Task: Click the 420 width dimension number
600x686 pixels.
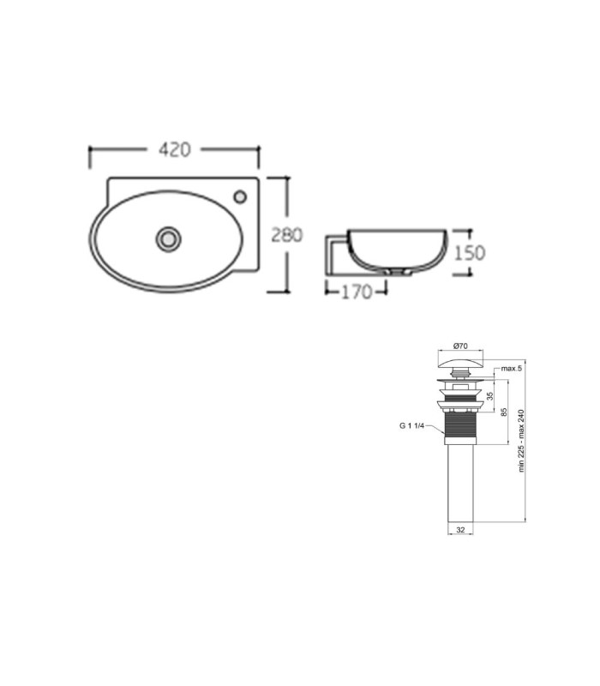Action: point(175,149)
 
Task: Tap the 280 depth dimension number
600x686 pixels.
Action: point(287,235)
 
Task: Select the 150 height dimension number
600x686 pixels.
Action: point(470,253)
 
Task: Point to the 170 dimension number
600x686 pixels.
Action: point(357,292)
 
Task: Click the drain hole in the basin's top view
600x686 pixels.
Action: point(168,238)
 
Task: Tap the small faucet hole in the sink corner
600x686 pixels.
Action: point(240,196)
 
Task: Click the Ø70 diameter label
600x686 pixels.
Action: point(460,346)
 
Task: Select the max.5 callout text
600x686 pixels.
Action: point(511,369)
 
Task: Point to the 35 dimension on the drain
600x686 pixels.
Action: point(489,396)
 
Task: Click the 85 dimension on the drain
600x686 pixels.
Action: point(504,412)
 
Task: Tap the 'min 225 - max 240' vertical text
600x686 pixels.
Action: point(521,441)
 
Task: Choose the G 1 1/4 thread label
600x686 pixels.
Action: point(411,425)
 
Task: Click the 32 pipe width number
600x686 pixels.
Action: point(460,529)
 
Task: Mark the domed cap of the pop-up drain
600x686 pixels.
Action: point(461,364)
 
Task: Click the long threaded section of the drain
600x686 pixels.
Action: point(460,424)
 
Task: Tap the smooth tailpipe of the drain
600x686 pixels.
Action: point(460,483)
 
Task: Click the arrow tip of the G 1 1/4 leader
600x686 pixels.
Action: point(445,435)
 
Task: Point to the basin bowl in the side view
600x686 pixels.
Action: point(397,250)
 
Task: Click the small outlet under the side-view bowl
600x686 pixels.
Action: point(398,272)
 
